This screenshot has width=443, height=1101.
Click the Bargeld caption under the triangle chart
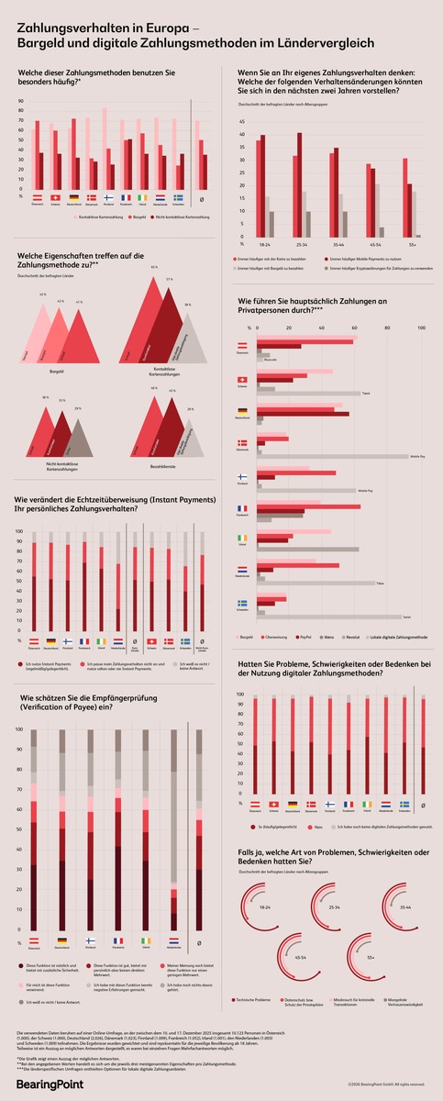tap(57, 373)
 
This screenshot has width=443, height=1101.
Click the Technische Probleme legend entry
tap(256, 999)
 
